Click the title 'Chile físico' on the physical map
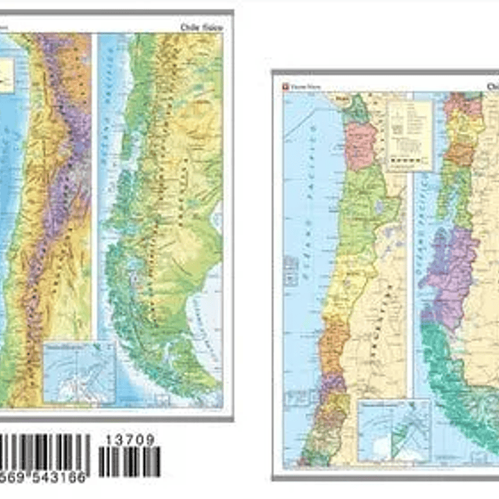point(201,26)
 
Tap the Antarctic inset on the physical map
point(78,372)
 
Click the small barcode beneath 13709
point(129,462)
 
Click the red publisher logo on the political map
point(285,87)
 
